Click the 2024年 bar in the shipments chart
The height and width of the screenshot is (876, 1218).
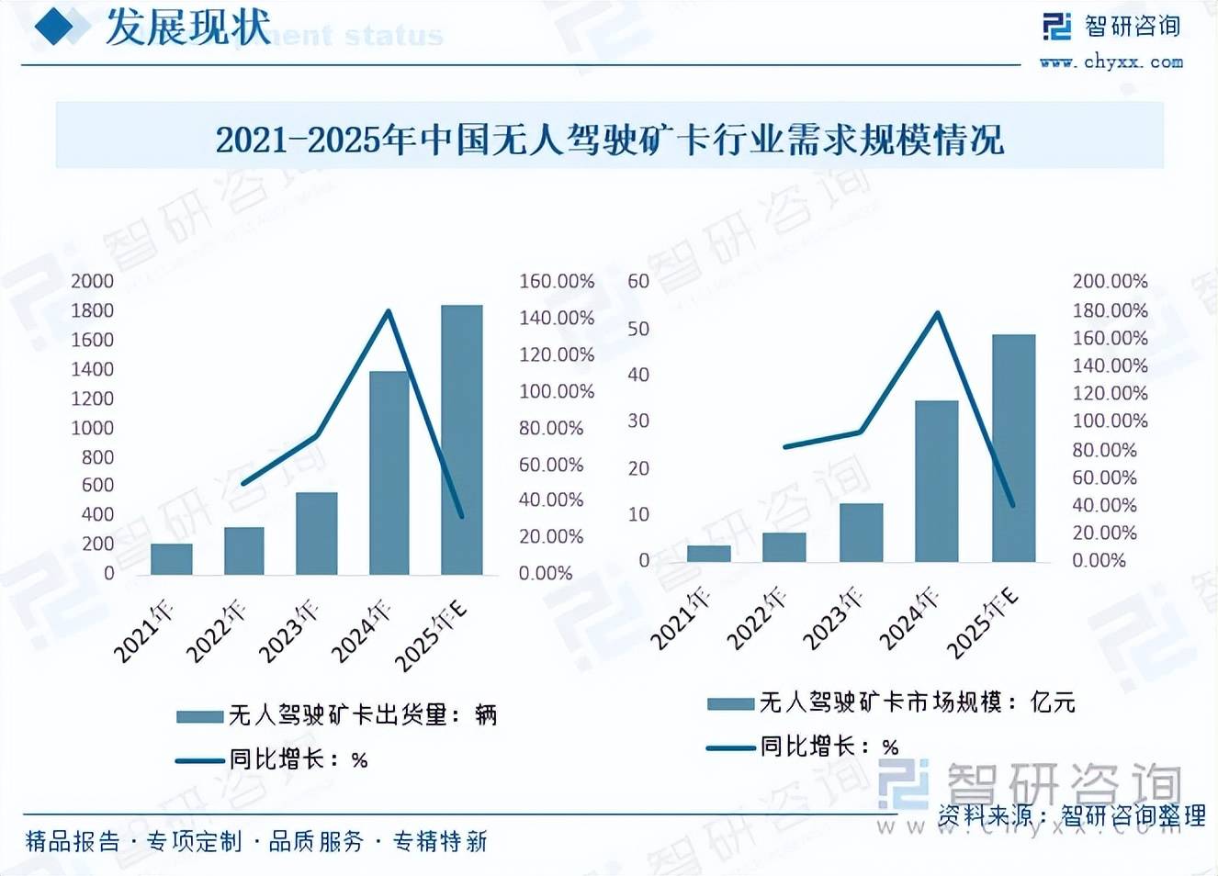click(x=389, y=473)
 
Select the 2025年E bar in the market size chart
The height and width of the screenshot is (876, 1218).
click(x=1013, y=448)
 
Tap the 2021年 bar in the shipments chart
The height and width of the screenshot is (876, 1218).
click(x=172, y=559)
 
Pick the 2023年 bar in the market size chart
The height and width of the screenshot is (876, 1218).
click(x=861, y=533)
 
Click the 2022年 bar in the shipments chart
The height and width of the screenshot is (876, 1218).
click(x=244, y=551)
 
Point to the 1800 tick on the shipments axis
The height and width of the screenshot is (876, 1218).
click(x=93, y=310)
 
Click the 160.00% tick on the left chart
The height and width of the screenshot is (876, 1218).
click(x=557, y=281)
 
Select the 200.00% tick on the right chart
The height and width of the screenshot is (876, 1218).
click(x=1110, y=281)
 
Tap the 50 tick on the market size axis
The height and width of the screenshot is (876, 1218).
click(x=638, y=329)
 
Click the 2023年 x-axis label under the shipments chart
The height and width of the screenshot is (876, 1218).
click(x=289, y=631)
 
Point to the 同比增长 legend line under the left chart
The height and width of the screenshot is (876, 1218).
click(x=200, y=759)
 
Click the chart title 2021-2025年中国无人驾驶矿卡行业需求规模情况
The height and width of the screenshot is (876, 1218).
click(x=609, y=140)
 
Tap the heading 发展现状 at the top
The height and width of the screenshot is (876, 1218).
click(x=188, y=27)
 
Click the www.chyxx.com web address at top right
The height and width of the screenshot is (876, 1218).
click(x=1111, y=62)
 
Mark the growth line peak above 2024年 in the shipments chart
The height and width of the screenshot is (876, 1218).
click(x=389, y=311)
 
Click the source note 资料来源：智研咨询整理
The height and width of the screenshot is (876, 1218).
click(x=1071, y=815)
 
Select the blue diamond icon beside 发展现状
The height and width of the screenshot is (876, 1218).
click(x=56, y=27)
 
